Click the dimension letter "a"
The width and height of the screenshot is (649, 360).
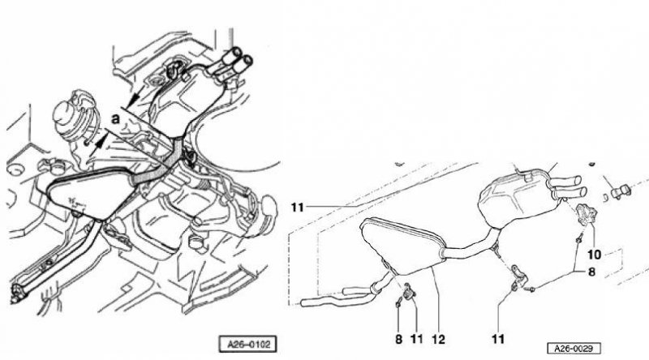(115, 119)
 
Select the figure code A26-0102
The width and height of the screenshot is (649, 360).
(247, 344)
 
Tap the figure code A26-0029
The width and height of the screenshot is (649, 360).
(574, 349)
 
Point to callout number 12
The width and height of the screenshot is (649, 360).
(438, 339)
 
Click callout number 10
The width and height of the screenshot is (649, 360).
(595, 254)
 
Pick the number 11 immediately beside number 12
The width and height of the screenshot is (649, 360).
(416, 339)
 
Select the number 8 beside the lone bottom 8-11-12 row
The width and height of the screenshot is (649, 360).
(398, 339)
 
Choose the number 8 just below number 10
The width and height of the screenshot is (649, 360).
(591, 272)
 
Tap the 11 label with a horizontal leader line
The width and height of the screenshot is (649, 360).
(298, 207)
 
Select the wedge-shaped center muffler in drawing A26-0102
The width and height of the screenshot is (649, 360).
(89, 195)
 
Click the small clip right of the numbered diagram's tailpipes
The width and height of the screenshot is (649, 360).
(619, 191)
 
